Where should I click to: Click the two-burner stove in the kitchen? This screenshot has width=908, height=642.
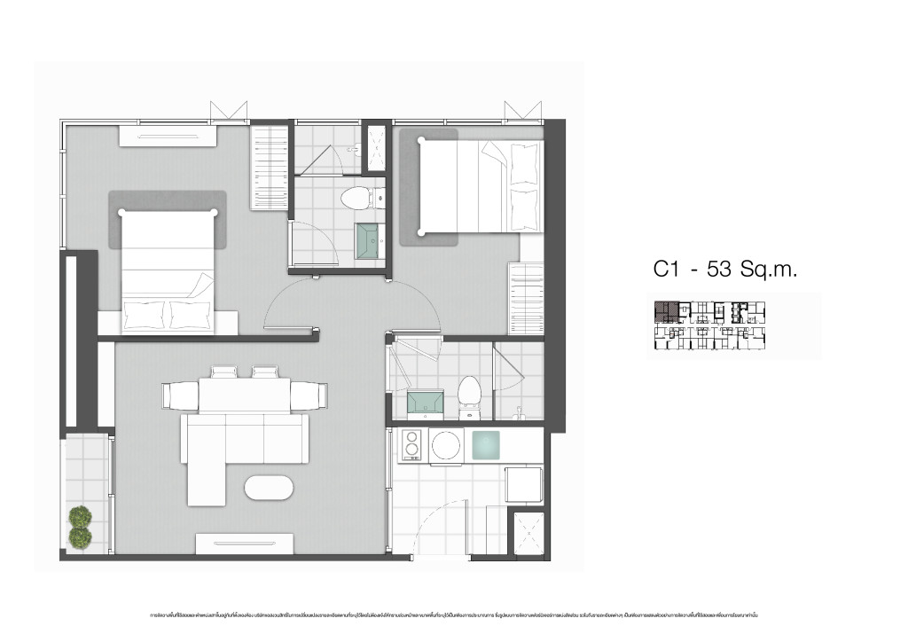point(411,445)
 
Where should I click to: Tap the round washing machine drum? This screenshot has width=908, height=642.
point(446,445)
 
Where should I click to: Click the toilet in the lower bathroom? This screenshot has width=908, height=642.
point(469,397)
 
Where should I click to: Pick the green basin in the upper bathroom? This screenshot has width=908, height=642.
point(369,240)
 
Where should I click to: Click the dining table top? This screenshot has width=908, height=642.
point(243,394)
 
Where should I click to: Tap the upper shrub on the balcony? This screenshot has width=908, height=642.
point(81,516)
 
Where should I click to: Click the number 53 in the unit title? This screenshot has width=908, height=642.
point(720,270)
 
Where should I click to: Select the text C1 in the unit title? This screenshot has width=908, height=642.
point(666,270)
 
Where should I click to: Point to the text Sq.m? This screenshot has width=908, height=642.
point(770,270)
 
